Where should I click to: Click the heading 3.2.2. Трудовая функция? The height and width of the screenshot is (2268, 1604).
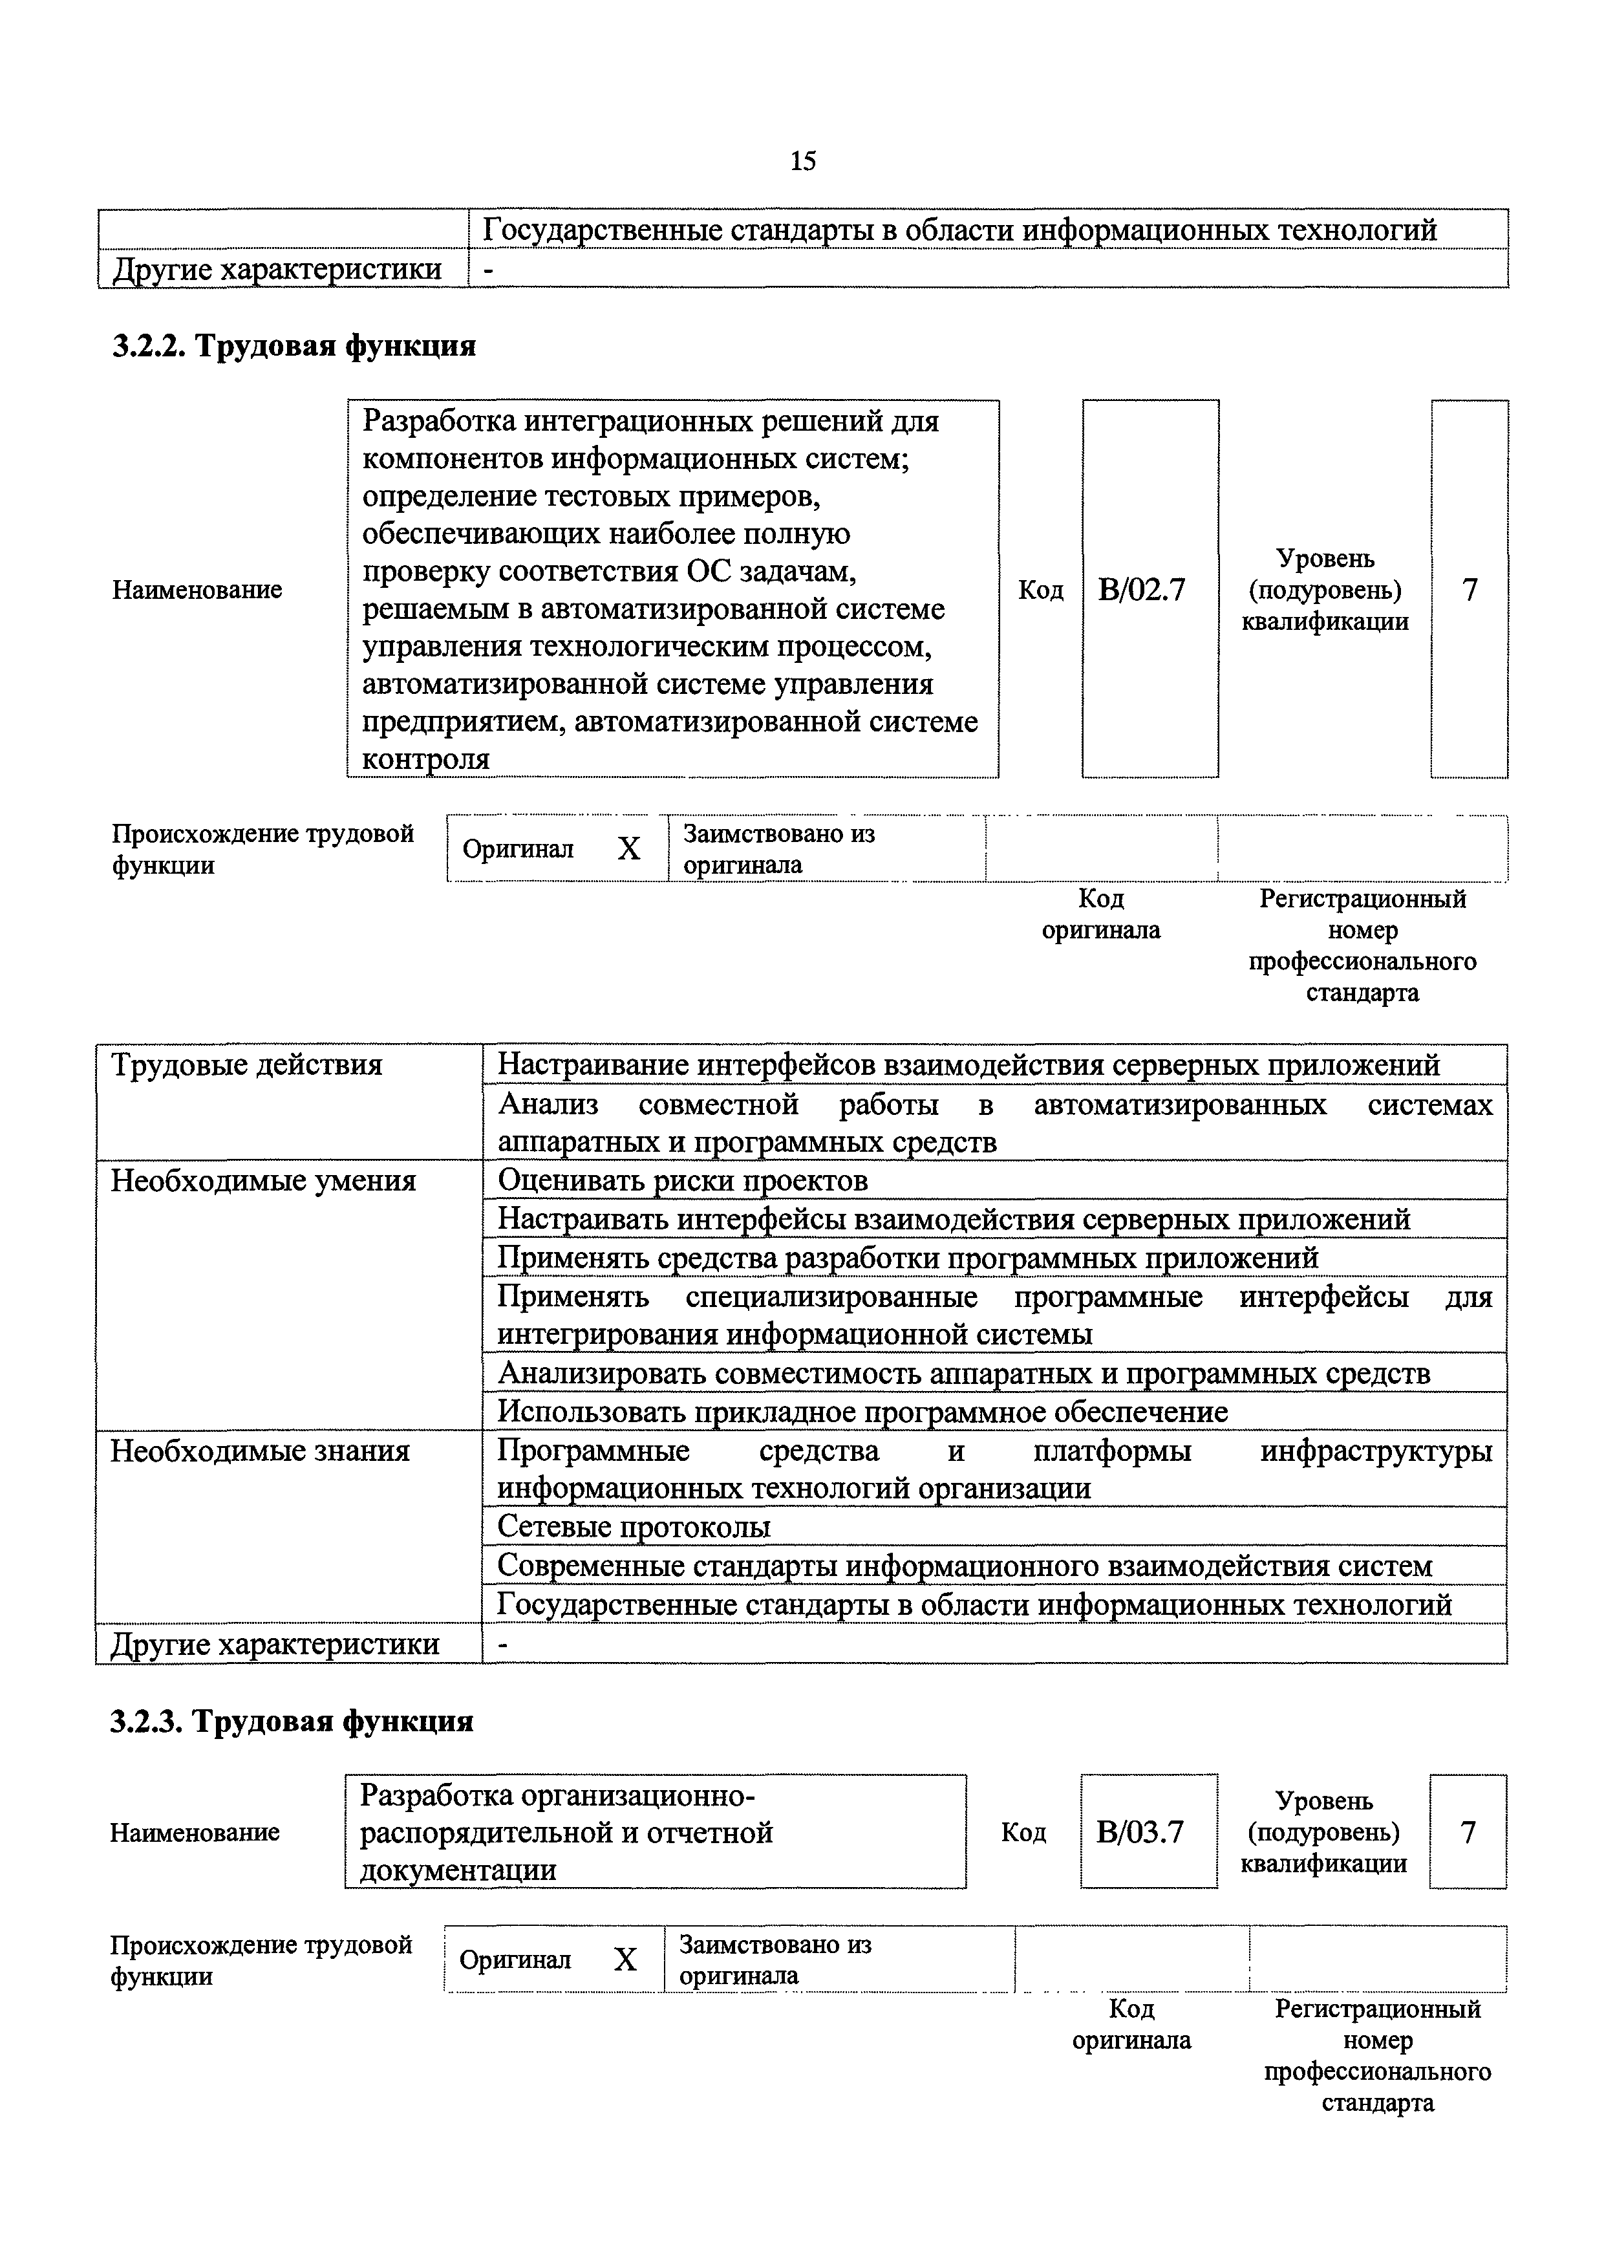pyautogui.click(x=294, y=346)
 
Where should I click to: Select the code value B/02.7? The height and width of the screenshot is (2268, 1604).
pyautogui.click(x=1141, y=590)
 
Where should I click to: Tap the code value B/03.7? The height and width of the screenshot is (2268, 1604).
pyautogui.click(x=1140, y=1832)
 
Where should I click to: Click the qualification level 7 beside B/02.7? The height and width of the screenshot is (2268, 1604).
pyautogui.click(x=1470, y=590)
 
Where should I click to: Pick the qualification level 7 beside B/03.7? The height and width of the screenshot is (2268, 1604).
pyautogui.click(x=1468, y=1832)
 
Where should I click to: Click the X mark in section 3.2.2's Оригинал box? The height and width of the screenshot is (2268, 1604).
pyautogui.click(x=629, y=848)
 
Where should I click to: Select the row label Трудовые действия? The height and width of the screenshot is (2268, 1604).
pyautogui.click(x=246, y=1065)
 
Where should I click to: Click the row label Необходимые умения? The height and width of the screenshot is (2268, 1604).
pyautogui.click(x=262, y=1180)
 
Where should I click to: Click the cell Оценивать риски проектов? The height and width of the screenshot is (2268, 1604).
pyautogui.click(x=683, y=1180)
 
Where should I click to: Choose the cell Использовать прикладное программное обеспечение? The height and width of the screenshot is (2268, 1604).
pyautogui.click(x=862, y=1412)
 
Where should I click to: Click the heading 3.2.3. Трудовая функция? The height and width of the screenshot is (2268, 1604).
pyautogui.click(x=292, y=1721)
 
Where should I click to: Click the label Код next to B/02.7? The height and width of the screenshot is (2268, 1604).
pyautogui.click(x=1040, y=590)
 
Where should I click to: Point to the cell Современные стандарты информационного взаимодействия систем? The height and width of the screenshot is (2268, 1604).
pyautogui.click(x=964, y=1566)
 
